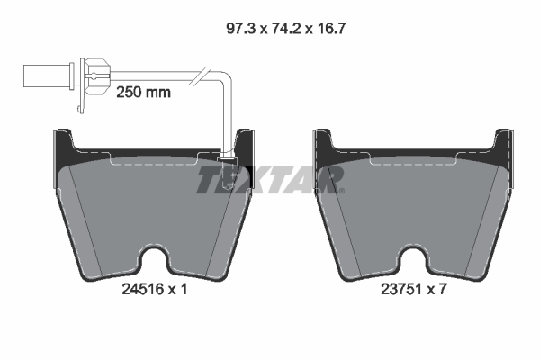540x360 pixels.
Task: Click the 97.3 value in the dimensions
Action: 238,28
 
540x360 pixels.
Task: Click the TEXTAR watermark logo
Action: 269,179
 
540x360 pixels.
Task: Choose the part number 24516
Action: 138,291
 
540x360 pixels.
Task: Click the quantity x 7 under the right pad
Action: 438,291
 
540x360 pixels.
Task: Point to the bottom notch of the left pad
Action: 157,260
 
